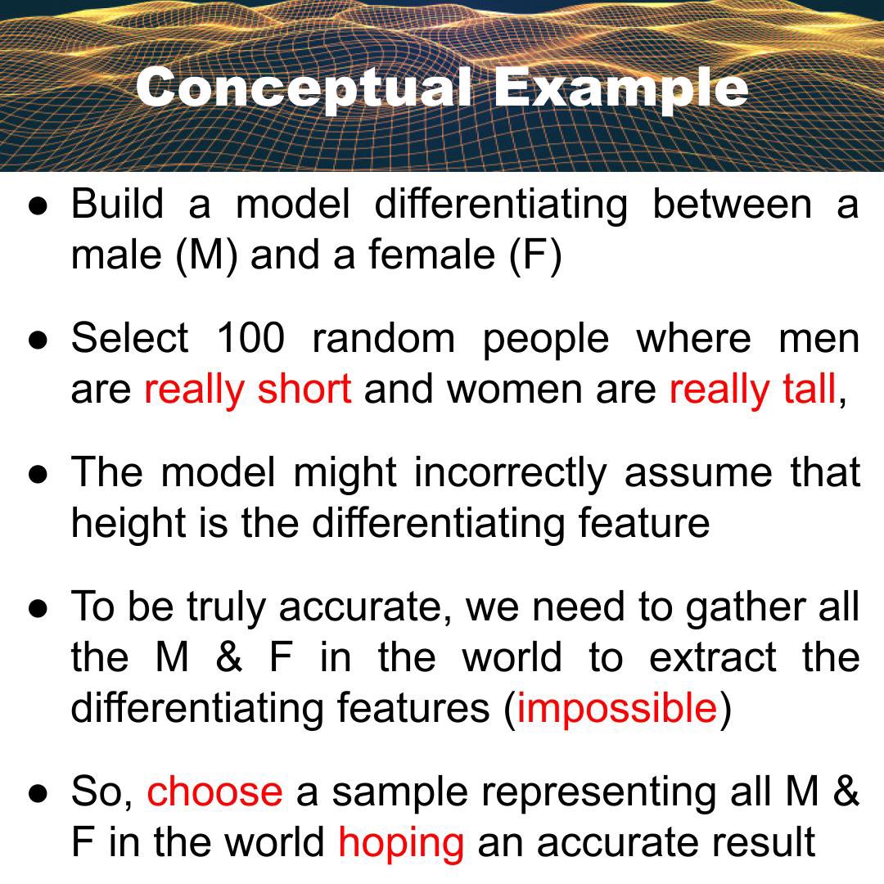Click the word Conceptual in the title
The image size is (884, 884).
coord(304,88)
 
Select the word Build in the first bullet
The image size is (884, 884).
coord(117,203)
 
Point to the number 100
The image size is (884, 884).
coord(250,337)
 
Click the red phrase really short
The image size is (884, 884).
coord(247,389)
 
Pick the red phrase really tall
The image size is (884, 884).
coord(752,389)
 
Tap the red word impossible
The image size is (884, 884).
coord(617,708)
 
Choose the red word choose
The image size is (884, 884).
coord(214,792)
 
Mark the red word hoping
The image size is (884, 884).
coord(400,843)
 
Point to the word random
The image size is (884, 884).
coord(382,337)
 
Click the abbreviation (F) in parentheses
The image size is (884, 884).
coord(534,255)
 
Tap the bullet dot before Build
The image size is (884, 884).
coord(38,205)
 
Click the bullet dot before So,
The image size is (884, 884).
coord(38,792)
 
